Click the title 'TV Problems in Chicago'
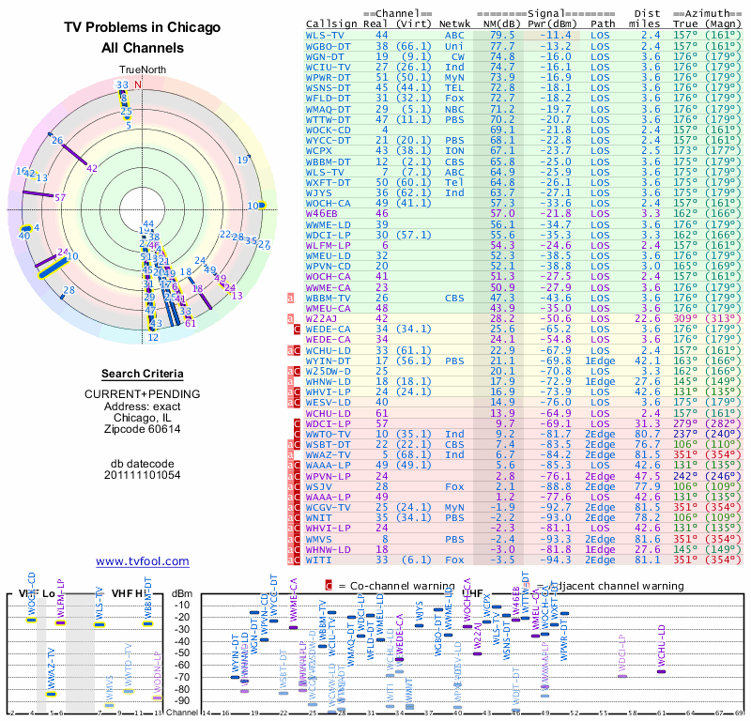point(142,27)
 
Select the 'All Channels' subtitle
point(142,48)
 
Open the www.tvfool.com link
point(143,561)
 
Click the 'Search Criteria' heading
point(142,374)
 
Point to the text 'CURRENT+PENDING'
point(142,393)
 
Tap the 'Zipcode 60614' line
point(142,429)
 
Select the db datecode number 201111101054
point(142,475)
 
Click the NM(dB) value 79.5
point(502,35)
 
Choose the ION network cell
point(455,150)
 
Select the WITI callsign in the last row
point(321,560)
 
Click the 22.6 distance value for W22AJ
point(651,318)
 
